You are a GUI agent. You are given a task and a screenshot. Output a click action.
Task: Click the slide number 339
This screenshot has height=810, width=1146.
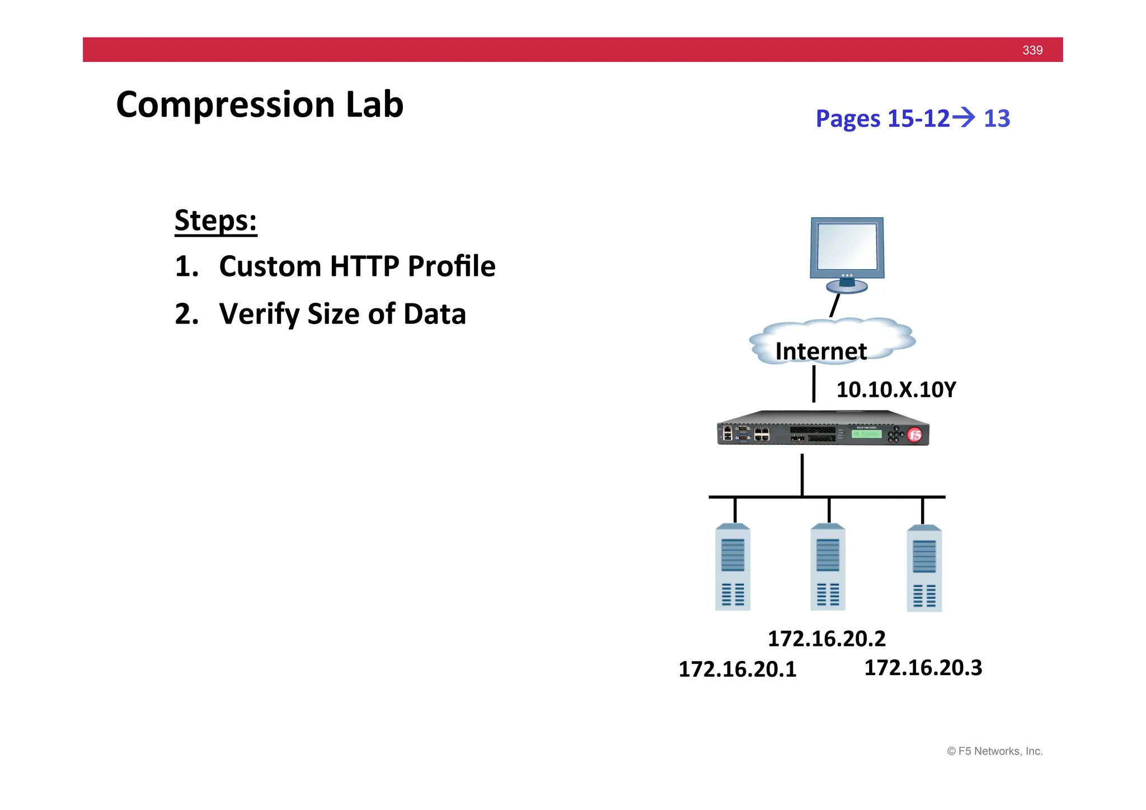coord(1032,50)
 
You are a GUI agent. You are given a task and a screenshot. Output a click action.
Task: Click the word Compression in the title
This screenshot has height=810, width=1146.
coord(226,105)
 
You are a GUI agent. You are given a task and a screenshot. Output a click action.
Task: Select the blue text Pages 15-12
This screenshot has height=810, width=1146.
coord(882,119)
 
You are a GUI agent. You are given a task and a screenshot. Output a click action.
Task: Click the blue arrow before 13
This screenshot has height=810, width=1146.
coord(964,118)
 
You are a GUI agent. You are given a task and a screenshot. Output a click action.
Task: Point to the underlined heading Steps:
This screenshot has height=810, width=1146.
coord(215,221)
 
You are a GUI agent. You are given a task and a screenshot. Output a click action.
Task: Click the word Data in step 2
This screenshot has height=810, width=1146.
coord(434,314)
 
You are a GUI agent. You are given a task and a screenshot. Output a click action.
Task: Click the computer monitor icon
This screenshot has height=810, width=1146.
coord(847,254)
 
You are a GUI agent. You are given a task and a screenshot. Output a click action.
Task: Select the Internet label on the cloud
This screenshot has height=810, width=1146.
coord(821,352)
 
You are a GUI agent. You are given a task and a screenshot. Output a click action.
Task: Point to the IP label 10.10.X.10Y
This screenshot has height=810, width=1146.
coord(896,390)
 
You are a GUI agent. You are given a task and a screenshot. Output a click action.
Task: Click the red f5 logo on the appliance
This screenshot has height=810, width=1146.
coord(914,435)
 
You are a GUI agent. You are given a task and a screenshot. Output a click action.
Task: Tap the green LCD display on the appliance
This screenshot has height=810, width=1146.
coord(866,434)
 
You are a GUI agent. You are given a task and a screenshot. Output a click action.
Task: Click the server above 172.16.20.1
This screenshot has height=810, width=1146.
coord(732,567)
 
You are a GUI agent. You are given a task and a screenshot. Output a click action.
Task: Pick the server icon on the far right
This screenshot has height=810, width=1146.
coord(924,568)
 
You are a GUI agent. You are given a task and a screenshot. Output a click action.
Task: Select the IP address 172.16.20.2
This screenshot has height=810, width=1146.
coord(826,639)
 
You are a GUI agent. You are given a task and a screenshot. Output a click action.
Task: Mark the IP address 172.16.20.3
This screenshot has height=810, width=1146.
coord(923,668)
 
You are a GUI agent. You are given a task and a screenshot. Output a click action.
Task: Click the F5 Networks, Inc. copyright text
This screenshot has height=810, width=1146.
coord(994,751)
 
